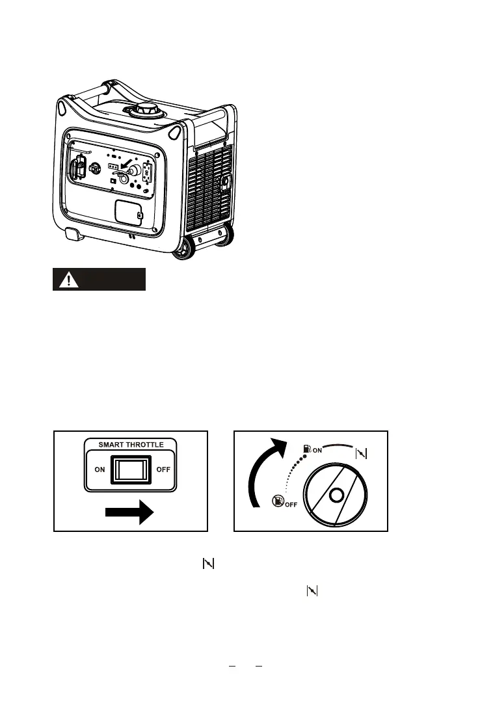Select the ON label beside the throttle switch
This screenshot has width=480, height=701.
tap(100, 469)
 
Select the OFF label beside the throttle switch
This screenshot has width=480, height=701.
tap(164, 469)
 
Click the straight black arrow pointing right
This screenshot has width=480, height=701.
tap(129, 514)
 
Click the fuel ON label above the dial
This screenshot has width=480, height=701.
tap(314, 449)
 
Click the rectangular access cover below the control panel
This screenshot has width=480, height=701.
tap(128, 212)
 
